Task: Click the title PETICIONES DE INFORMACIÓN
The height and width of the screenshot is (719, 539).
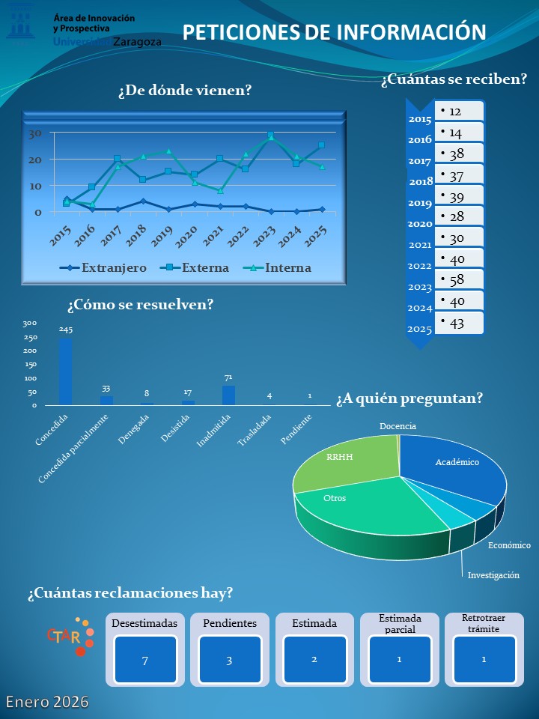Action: click(x=335, y=31)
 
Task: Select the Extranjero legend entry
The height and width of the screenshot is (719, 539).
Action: click(x=105, y=267)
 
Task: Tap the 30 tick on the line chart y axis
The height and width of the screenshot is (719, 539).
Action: click(x=35, y=134)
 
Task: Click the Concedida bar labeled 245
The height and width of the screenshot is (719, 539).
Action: click(x=66, y=371)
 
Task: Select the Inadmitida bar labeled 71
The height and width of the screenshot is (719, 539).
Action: click(x=228, y=395)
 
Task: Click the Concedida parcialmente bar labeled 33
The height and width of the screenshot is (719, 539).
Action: click(x=106, y=400)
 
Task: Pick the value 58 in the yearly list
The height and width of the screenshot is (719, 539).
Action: click(x=457, y=280)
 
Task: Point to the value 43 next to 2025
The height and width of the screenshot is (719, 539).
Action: click(x=457, y=323)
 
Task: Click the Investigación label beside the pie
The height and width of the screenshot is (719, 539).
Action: click(x=493, y=575)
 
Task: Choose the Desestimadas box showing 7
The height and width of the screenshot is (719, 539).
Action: click(x=145, y=659)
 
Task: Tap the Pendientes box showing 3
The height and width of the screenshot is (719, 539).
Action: click(x=229, y=659)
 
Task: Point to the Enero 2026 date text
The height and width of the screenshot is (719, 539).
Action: click(x=48, y=702)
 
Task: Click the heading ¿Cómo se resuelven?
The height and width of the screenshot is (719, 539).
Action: click(x=140, y=305)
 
